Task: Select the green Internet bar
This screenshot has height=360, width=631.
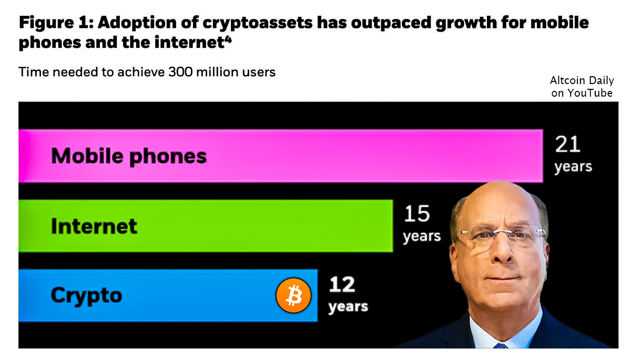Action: [x=263, y=226]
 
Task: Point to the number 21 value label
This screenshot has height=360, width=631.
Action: [x=567, y=145]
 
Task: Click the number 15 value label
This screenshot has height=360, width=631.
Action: [x=416, y=214]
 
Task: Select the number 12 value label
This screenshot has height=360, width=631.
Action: [x=342, y=285]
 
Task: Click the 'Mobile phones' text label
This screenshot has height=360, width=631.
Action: [x=129, y=156]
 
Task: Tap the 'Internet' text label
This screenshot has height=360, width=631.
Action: [x=94, y=226]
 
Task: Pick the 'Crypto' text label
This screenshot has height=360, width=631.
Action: [x=86, y=295]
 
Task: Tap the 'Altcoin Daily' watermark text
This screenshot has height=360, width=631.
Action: [x=582, y=81]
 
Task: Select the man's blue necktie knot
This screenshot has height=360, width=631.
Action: [x=501, y=346]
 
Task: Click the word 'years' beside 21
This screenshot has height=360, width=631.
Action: [x=573, y=167]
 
